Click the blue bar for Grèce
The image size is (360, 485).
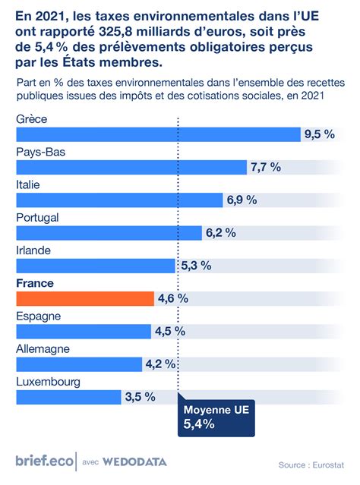coord(158,134)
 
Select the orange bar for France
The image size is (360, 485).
coord(84,298)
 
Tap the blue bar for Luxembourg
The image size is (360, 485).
coord(68,397)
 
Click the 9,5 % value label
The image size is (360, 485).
coord(319,134)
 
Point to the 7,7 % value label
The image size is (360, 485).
coord(266,167)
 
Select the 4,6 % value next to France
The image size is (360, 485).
coord(172,298)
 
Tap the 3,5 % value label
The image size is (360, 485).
coord(140,397)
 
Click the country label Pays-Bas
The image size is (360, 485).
coord(41,152)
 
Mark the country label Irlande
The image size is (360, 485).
coord(35,250)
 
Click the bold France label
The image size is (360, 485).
coord(35,282)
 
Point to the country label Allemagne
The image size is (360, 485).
coord(43,348)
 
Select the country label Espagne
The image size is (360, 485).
coord(38,316)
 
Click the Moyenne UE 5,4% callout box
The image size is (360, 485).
coord(216,417)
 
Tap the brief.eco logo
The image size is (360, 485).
coord(43,460)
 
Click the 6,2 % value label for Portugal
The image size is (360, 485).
coord(220,233)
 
